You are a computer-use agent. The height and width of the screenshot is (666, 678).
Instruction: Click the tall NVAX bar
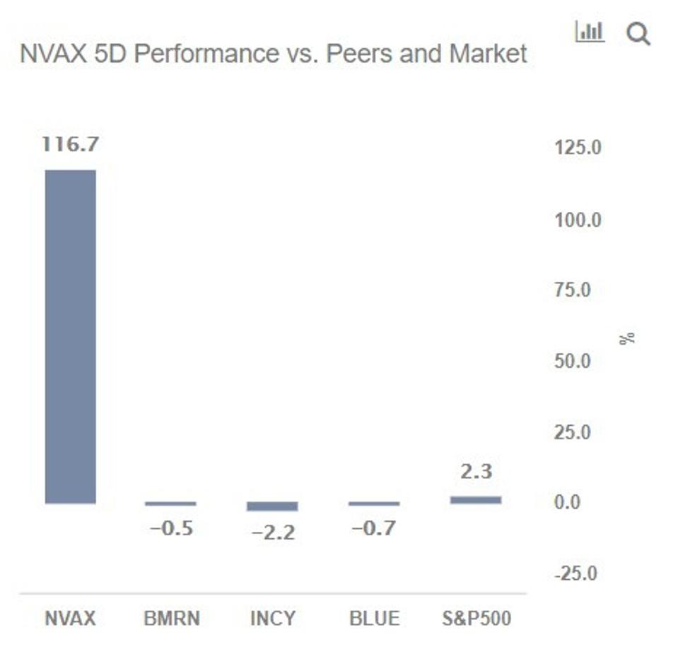click(x=71, y=336)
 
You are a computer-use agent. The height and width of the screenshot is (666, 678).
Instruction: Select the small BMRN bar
click(x=170, y=504)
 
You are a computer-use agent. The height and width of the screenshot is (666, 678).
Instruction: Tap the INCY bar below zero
click(x=272, y=506)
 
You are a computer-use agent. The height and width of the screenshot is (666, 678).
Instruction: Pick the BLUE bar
click(x=374, y=504)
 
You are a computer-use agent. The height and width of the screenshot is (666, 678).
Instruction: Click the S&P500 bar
click(x=476, y=500)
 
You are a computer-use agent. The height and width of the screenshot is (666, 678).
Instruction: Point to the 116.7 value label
click(x=71, y=145)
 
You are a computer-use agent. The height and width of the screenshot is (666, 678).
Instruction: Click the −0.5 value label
click(x=171, y=528)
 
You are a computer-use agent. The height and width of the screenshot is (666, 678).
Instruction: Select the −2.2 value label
click(x=273, y=533)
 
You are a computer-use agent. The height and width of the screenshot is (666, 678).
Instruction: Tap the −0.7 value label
click(x=374, y=528)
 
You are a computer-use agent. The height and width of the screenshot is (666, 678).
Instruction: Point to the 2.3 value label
click(x=476, y=471)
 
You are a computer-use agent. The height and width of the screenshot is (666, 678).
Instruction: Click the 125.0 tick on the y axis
click(x=578, y=148)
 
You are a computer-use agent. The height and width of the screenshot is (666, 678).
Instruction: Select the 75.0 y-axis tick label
click(x=572, y=290)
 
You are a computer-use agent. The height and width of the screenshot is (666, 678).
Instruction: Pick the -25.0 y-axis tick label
click(x=575, y=573)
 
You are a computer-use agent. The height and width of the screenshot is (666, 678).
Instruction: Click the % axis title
click(x=626, y=338)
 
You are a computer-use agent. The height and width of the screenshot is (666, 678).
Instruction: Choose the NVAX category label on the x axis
click(x=70, y=619)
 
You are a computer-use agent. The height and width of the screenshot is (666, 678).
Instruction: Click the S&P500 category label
click(x=476, y=619)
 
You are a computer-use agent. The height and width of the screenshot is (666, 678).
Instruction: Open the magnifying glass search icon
click(x=638, y=33)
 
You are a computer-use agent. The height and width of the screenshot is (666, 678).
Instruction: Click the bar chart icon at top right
click(x=590, y=32)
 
